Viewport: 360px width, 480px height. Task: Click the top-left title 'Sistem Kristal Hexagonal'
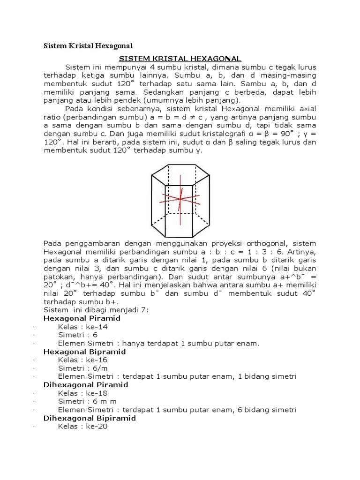pos(88,46)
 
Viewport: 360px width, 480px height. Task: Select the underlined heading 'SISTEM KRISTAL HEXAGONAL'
pos(180,58)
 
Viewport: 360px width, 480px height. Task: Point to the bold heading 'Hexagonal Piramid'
pos(82,318)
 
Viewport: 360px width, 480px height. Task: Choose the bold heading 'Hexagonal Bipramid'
pos(84,352)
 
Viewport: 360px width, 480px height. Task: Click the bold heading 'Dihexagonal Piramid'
pos(86,385)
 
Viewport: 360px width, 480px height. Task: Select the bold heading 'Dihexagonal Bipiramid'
pos(90,418)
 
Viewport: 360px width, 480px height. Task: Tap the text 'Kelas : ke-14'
pos(82,327)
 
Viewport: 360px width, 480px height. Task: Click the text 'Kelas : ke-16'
pos(82,360)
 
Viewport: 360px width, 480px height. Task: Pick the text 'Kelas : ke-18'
pos(82,393)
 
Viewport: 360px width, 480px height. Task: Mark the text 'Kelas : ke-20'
pos(82,427)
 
